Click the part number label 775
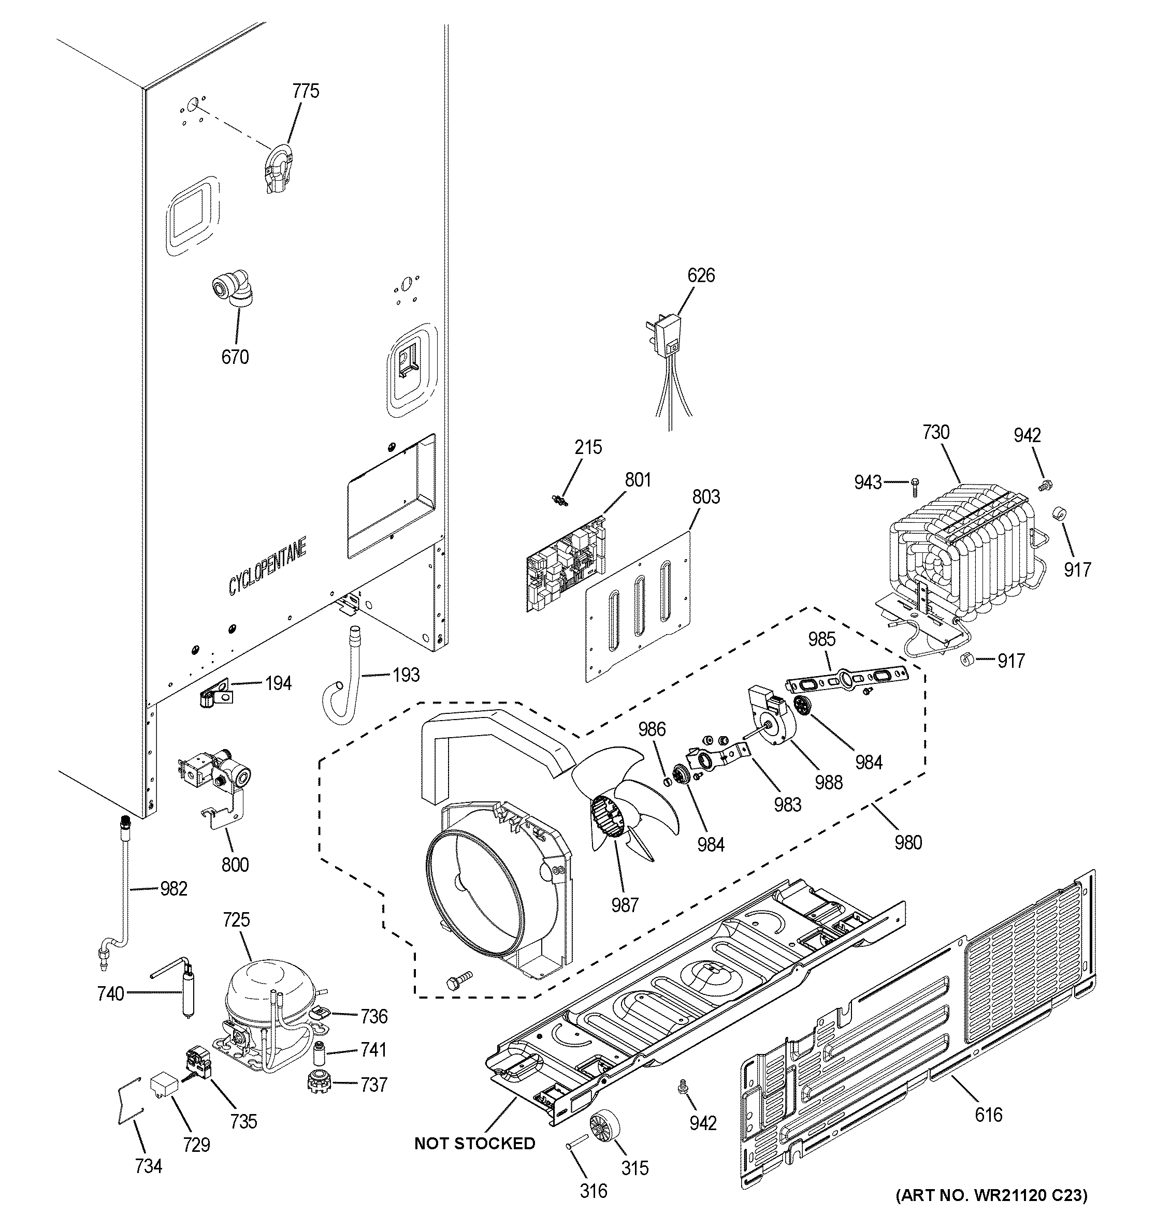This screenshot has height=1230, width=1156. tap(306, 92)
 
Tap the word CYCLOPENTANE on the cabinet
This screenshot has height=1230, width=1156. tap(267, 567)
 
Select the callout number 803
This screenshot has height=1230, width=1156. tap(706, 497)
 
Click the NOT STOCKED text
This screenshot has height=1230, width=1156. tap(474, 1144)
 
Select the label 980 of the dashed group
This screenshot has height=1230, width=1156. tap(908, 842)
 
